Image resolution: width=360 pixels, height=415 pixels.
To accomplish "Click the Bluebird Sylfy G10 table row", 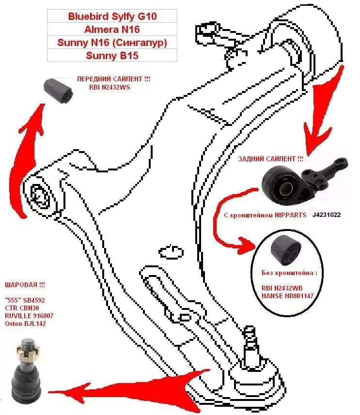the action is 112,16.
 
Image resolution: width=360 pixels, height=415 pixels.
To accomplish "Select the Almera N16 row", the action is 112,29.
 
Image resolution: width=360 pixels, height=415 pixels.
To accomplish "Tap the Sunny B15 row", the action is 112,55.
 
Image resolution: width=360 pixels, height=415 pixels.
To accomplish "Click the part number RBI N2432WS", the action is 110,87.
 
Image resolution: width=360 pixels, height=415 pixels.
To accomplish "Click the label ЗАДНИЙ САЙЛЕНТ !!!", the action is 270,159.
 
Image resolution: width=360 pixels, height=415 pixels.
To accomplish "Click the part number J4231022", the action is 327,215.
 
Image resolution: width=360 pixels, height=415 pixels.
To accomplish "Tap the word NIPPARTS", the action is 290,215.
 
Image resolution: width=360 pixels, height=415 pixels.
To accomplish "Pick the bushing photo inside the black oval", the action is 286,250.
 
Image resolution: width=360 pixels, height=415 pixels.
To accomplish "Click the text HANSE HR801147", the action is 287,296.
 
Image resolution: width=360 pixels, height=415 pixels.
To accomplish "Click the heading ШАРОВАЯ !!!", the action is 25,285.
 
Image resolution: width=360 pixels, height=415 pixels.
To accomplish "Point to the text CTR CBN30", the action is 22,308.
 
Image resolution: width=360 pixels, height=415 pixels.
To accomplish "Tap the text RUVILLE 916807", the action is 29,315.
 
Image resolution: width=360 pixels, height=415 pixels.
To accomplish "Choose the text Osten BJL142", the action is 25,323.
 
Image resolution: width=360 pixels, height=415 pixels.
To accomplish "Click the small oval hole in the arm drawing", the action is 171,252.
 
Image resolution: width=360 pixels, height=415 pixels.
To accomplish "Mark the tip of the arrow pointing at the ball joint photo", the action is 48,391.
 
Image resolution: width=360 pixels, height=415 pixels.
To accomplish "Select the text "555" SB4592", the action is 25,300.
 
